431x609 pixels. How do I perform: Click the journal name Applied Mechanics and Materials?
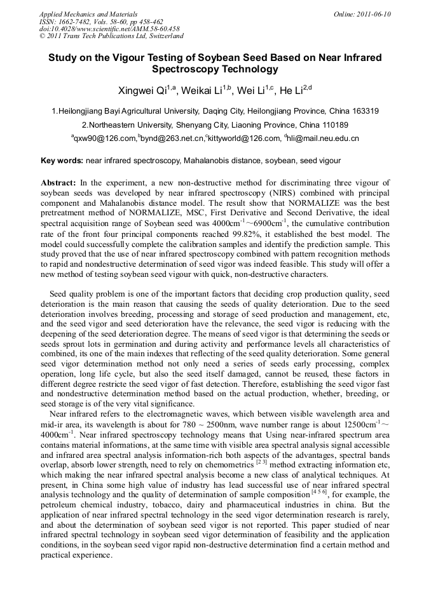coord(88,14)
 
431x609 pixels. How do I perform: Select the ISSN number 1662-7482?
coord(72,22)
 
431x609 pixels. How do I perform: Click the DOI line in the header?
coord(109,29)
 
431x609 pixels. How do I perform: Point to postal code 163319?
coord(364,111)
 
